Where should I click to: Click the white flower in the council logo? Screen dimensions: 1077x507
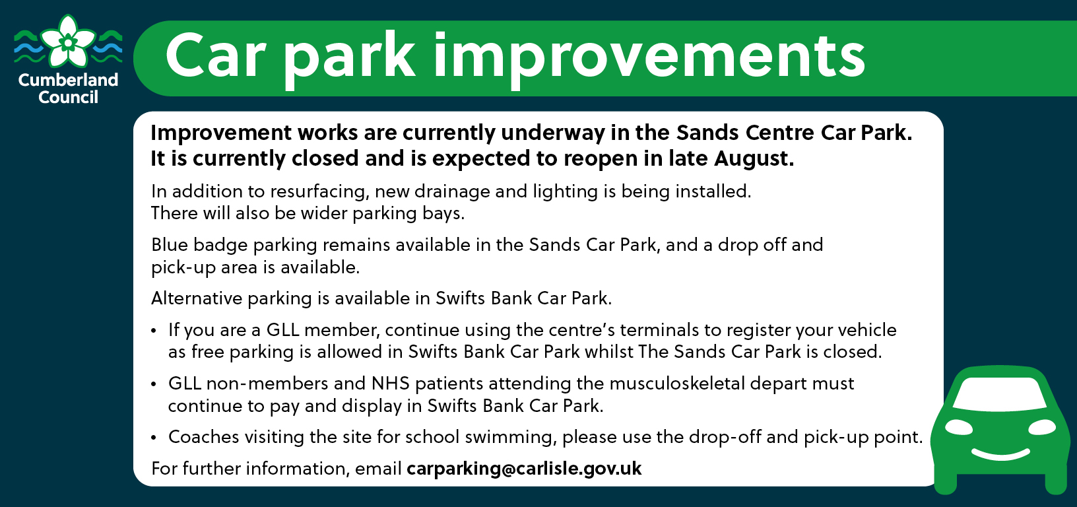point(68,42)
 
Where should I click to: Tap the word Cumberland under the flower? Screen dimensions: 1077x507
point(68,79)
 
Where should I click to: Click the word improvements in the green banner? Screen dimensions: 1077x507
point(649,57)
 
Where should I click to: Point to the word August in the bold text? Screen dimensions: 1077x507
point(754,158)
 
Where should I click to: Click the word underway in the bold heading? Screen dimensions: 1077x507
point(552,133)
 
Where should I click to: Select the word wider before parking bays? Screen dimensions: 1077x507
point(324,213)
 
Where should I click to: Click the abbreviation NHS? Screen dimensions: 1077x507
point(391,384)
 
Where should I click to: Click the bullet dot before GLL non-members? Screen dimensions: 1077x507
point(153,384)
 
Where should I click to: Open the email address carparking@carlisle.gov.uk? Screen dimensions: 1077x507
point(524,469)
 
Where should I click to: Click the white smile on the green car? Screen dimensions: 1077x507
point(1001,454)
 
